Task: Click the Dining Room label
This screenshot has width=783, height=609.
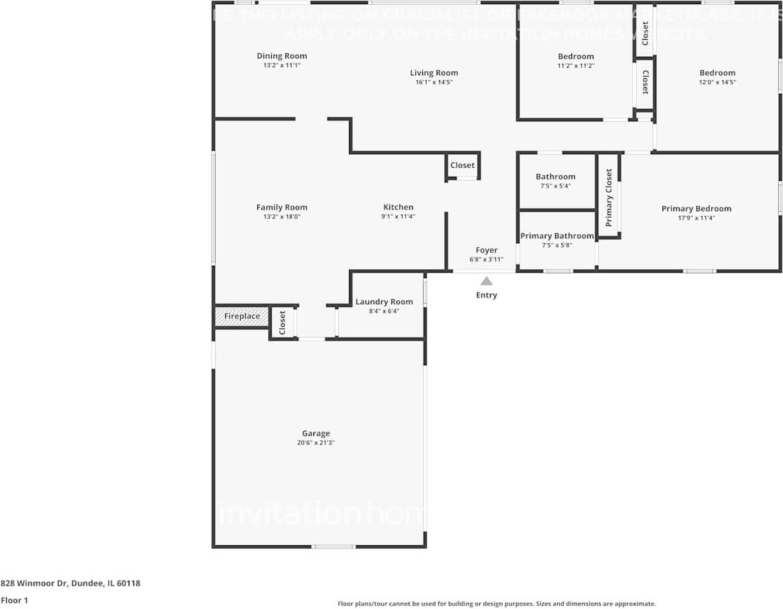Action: click(281, 56)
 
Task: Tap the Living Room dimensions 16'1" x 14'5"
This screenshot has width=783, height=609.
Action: click(434, 82)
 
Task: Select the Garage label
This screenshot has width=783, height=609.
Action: click(316, 433)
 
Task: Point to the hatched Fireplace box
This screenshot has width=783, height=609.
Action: click(242, 316)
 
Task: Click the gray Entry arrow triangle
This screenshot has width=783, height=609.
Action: click(486, 281)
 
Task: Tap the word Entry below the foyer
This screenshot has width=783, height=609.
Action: click(487, 295)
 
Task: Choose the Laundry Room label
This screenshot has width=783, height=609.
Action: click(384, 301)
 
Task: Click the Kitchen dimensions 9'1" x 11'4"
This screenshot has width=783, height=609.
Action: click(398, 216)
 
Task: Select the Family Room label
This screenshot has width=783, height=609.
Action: click(281, 208)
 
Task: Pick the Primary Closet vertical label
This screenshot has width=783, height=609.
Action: click(608, 198)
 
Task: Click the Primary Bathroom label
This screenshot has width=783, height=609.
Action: click(556, 236)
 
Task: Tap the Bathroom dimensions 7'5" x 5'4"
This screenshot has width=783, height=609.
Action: click(555, 186)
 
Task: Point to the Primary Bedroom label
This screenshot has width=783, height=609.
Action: click(696, 209)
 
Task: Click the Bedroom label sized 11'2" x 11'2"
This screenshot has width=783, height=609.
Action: click(576, 56)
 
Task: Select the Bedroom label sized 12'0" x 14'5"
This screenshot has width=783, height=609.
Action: click(717, 73)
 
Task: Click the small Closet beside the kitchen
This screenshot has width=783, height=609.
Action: click(462, 165)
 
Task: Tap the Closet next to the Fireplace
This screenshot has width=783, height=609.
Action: click(282, 322)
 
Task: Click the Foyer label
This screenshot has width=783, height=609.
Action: click(487, 250)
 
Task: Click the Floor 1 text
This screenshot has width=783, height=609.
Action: click(14, 600)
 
